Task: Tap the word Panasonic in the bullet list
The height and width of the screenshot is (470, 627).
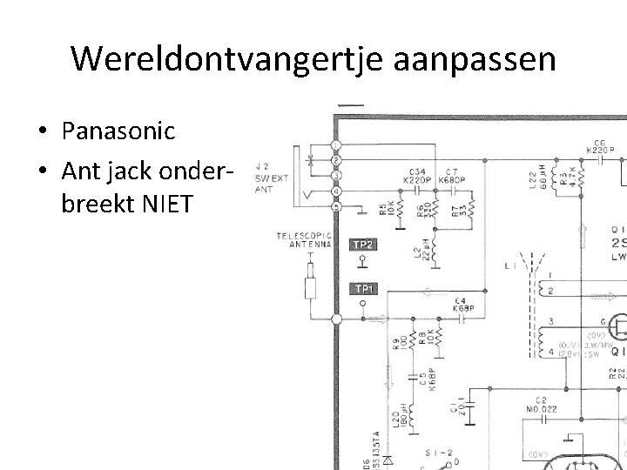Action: coord(118,131)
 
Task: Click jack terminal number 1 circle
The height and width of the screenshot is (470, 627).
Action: coord(337,144)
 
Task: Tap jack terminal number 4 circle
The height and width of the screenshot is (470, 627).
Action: coord(337,191)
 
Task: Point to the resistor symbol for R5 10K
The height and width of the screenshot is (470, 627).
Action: coord(398,211)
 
